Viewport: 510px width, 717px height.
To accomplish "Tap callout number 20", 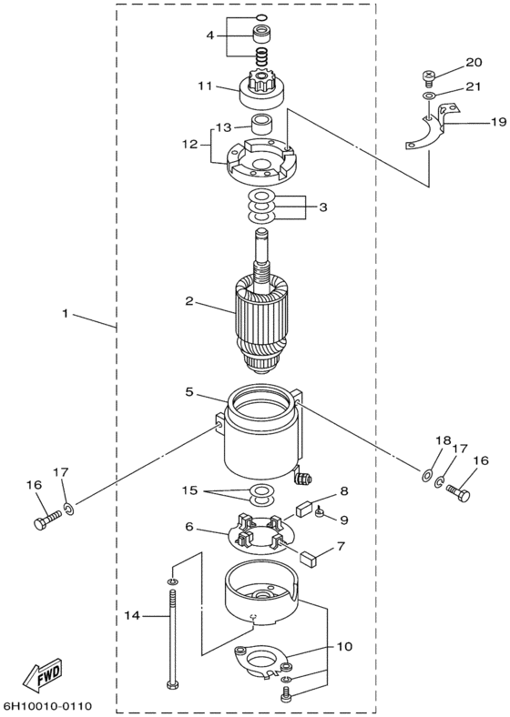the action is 474,62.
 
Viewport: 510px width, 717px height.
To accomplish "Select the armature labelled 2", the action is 262,306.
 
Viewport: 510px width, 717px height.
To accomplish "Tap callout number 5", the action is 189,391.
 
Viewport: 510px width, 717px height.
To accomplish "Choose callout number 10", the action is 345,646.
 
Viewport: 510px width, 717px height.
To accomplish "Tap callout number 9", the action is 344,520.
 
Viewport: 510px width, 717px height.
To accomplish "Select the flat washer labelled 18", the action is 426,476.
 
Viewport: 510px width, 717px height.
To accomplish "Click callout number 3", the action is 323,207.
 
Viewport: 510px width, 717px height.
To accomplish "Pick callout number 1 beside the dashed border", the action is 65,314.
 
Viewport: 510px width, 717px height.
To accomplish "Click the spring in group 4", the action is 261,56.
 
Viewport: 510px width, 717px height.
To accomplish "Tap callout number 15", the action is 189,490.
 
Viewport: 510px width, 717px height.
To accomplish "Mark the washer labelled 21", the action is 429,96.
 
